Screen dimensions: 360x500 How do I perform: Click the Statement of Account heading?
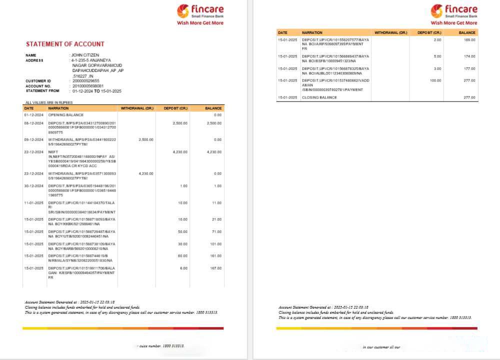(x=65, y=44)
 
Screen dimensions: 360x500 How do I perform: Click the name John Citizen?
(x=85, y=55)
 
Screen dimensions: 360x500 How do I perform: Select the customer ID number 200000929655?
(x=86, y=80)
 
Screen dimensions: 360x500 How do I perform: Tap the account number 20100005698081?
(x=88, y=86)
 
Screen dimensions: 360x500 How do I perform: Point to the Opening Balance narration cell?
(x=66, y=115)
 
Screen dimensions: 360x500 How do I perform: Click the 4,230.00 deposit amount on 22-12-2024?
(x=179, y=151)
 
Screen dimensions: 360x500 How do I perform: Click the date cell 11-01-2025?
(x=34, y=203)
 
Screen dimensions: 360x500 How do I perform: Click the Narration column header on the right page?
(x=312, y=32)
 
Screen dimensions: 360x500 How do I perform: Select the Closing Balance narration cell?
(x=319, y=97)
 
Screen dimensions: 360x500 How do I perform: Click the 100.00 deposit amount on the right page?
(x=435, y=80)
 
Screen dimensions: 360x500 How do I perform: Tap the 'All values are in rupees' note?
(x=49, y=102)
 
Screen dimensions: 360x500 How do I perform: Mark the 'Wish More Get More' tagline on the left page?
(x=200, y=23)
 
